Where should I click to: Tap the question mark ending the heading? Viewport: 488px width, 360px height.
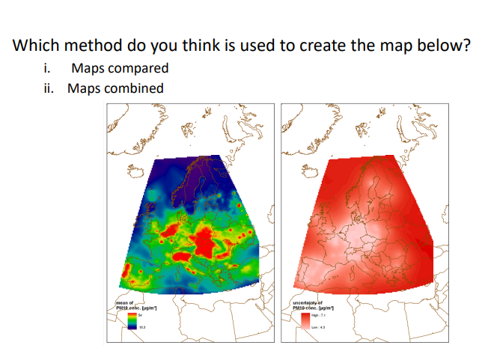467,45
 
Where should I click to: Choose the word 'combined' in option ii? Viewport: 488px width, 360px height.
134,88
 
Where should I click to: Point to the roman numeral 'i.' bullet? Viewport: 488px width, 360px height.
47,68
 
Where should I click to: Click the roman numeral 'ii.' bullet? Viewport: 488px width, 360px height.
48,88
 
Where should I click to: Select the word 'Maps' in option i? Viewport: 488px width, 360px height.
87,68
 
